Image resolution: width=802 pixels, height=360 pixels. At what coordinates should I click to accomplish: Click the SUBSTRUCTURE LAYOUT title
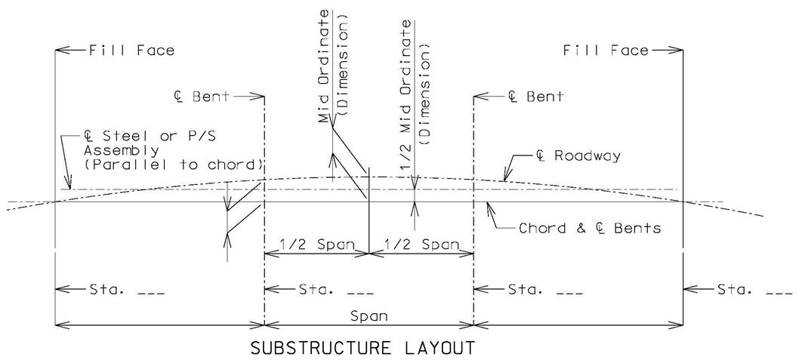(x=362, y=349)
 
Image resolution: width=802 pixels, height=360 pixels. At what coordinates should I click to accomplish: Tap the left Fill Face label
(x=131, y=50)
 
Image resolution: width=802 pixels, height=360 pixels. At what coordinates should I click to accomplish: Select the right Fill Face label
(x=606, y=50)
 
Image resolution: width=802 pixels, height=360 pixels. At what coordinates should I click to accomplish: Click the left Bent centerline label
(x=201, y=96)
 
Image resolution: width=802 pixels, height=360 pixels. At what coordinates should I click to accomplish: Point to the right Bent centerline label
(x=535, y=96)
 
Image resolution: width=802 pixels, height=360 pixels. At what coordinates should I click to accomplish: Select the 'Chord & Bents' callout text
(x=590, y=228)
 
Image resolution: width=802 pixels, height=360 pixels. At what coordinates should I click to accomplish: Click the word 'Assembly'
(x=122, y=152)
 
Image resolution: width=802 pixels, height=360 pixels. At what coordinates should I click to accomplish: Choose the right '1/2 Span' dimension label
(x=421, y=244)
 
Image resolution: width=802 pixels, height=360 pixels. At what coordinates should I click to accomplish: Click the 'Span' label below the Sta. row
(x=369, y=316)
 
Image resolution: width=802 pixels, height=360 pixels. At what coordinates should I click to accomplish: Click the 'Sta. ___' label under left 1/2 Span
(x=335, y=290)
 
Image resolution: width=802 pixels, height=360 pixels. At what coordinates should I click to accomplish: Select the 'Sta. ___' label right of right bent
(x=544, y=290)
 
